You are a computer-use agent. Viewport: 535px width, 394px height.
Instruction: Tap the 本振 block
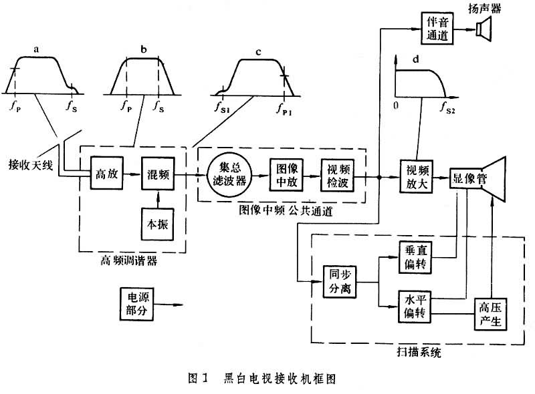click(x=158, y=222)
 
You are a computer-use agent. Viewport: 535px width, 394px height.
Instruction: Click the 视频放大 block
click(x=416, y=177)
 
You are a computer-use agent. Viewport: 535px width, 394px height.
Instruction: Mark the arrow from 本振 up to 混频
click(x=158, y=198)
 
